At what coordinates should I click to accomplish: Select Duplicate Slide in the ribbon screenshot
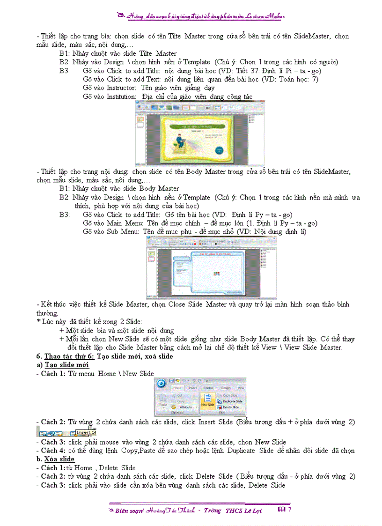(232, 401)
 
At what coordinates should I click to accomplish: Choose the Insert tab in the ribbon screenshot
(192, 388)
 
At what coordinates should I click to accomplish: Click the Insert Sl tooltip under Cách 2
(86, 432)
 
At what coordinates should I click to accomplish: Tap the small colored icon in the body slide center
(216, 273)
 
